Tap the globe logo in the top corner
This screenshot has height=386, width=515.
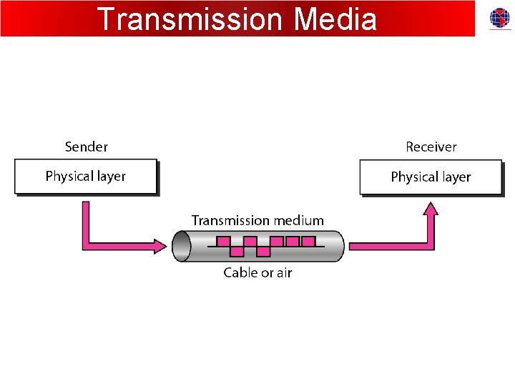499,19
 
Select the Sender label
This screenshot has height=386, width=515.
86,147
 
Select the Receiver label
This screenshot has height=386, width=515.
431,147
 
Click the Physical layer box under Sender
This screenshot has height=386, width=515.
85,176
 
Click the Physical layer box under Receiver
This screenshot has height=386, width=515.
431,177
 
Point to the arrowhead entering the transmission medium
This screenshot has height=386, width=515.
160,246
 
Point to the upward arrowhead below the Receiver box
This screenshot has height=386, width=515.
431,209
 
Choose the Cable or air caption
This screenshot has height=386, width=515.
257,272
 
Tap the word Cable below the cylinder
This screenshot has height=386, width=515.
240,272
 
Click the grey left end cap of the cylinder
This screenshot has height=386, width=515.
180,246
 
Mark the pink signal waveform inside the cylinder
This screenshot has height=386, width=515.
265,246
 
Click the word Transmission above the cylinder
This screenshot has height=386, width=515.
230,220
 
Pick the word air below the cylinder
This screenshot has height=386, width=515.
284,272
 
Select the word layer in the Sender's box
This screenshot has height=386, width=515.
109,176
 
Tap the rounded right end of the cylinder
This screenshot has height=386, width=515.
339,246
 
